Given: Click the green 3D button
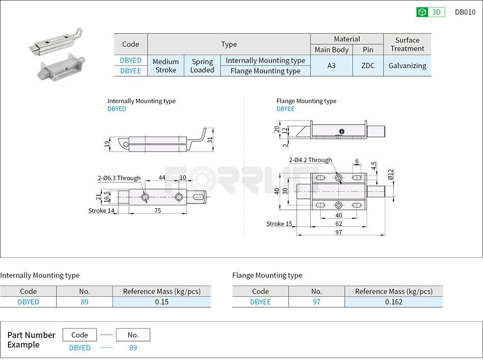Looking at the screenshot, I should pos(431,12).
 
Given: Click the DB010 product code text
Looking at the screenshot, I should pos(465,12).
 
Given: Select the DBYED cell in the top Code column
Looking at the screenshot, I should pos(131,61).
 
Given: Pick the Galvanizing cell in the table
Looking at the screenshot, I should pos(407,66).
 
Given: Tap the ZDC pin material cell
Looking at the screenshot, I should pos(368,66).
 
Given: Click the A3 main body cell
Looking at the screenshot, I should pos(331,66).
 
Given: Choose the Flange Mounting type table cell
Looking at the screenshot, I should pos(265,71).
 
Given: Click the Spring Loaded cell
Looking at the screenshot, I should pos(202,66).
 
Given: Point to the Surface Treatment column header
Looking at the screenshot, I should pos(407,44).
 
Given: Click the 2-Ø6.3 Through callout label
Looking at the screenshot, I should pos(119,178).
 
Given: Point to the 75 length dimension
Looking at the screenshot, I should pos(158,211).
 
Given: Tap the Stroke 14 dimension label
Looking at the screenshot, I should pos(101,211).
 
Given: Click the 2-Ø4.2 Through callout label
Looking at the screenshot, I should pos(310,160).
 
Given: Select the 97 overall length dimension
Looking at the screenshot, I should pos(339,232).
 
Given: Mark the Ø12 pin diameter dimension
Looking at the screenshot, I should pos(390,174).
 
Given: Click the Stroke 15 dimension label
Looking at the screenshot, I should pos(279,224).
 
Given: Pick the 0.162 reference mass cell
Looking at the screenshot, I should pos(394,302).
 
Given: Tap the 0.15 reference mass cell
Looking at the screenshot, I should pos(161,302).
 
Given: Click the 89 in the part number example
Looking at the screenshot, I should pos(133,348).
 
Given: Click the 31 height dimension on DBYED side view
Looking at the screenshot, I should pos(209,140).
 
